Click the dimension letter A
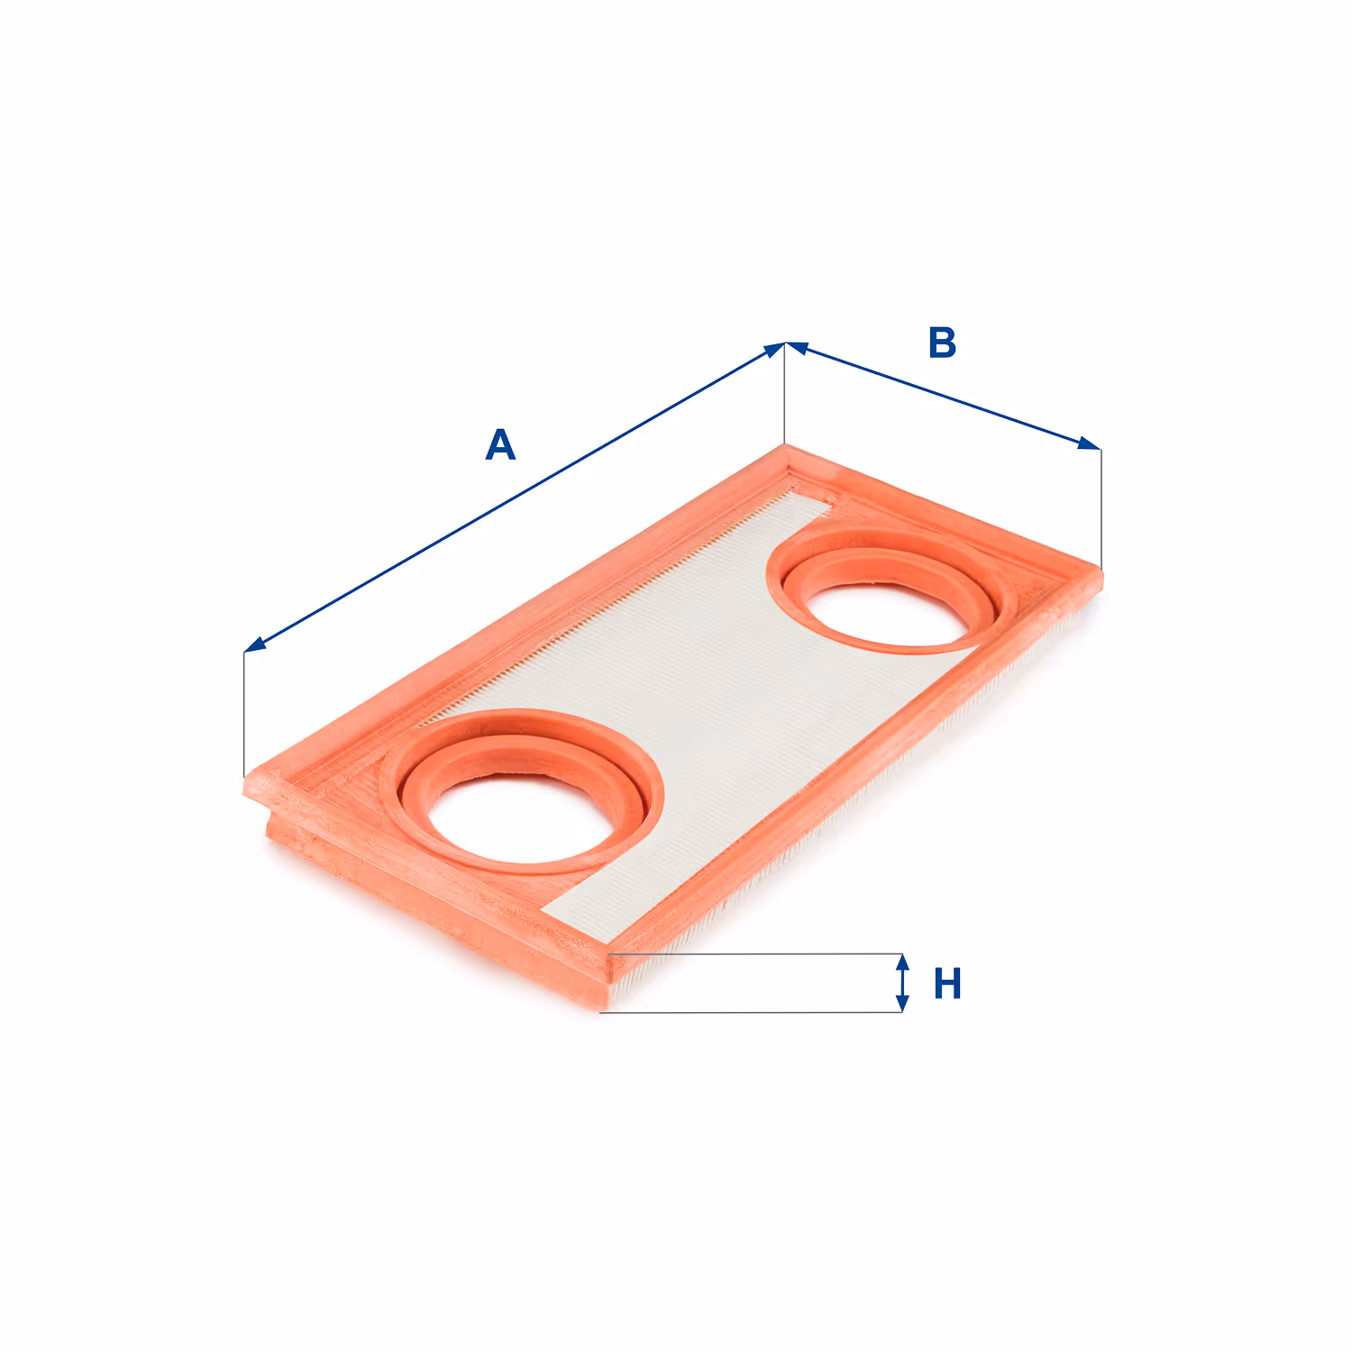click(x=500, y=444)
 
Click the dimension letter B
click(x=942, y=343)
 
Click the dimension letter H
click(x=947, y=983)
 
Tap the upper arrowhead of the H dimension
click(x=902, y=964)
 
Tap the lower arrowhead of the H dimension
click(x=902, y=1002)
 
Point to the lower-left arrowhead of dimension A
click(x=255, y=644)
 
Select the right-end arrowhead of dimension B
click(x=1089, y=443)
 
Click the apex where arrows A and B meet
click(x=786, y=343)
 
